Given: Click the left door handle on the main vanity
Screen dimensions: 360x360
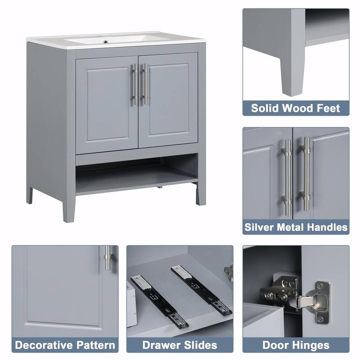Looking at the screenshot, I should coord(135,84).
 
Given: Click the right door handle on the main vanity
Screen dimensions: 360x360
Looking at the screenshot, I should coord(144,84).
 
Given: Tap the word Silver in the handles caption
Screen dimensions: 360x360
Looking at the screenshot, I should coord(261,227).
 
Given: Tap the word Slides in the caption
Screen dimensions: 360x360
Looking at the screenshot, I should coord(201,345).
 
